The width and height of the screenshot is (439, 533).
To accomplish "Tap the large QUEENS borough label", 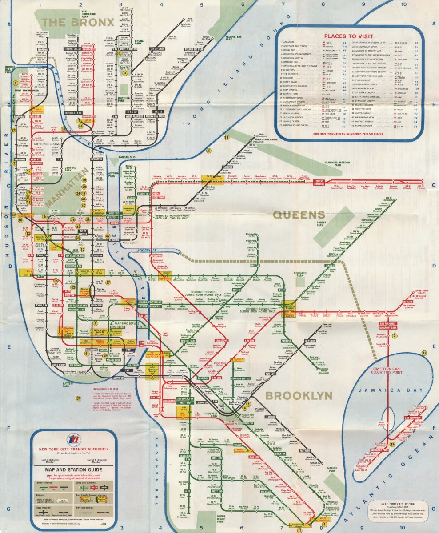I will click(x=297, y=215).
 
